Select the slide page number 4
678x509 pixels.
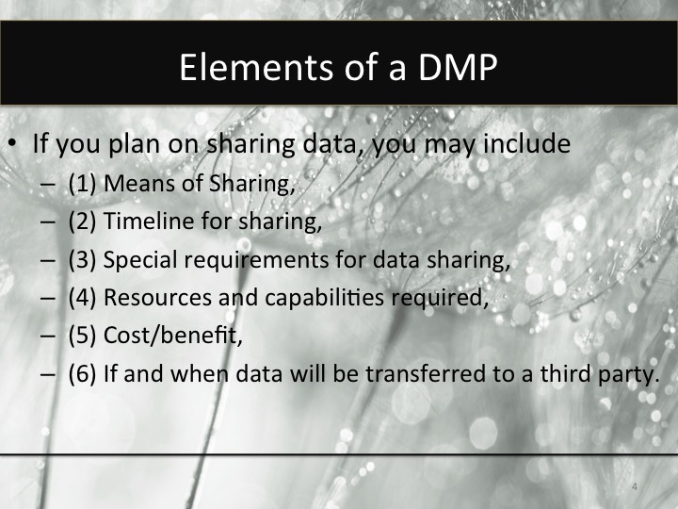635,486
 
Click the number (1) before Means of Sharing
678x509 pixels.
83,184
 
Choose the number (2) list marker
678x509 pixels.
83,222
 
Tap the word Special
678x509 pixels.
136,259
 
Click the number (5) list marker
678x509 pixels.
83,335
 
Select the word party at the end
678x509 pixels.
631,372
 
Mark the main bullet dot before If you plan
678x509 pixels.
13,146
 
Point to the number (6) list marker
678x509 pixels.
83,372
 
